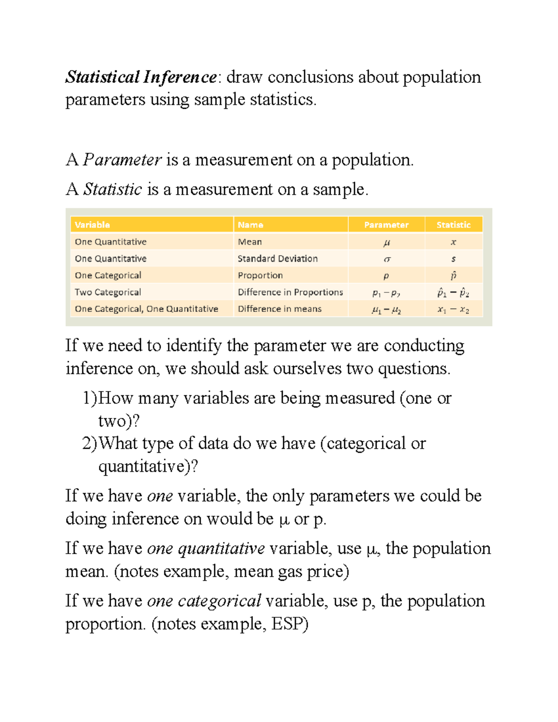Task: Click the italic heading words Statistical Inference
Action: pos(140,77)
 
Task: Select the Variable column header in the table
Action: pos(92,225)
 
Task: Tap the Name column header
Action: pos(250,225)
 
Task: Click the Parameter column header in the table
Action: pos(386,225)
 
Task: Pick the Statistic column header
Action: pos(453,225)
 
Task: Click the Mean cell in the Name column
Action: pos(250,242)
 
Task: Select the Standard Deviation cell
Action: pos(278,258)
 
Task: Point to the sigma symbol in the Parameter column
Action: pos(387,259)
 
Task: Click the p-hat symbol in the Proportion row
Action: pos(453,275)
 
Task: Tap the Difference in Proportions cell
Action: pos(290,292)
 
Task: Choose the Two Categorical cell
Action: pos(108,292)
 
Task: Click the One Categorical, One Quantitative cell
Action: pos(146,309)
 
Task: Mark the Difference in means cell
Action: pos(279,309)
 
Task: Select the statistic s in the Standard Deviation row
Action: pos(453,259)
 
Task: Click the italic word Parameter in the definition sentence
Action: pos(122,160)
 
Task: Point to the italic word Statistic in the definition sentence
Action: pos(113,189)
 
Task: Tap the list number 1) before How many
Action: pos(90,398)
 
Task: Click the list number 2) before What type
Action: pos(90,444)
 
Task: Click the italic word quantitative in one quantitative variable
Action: pos(221,549)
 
